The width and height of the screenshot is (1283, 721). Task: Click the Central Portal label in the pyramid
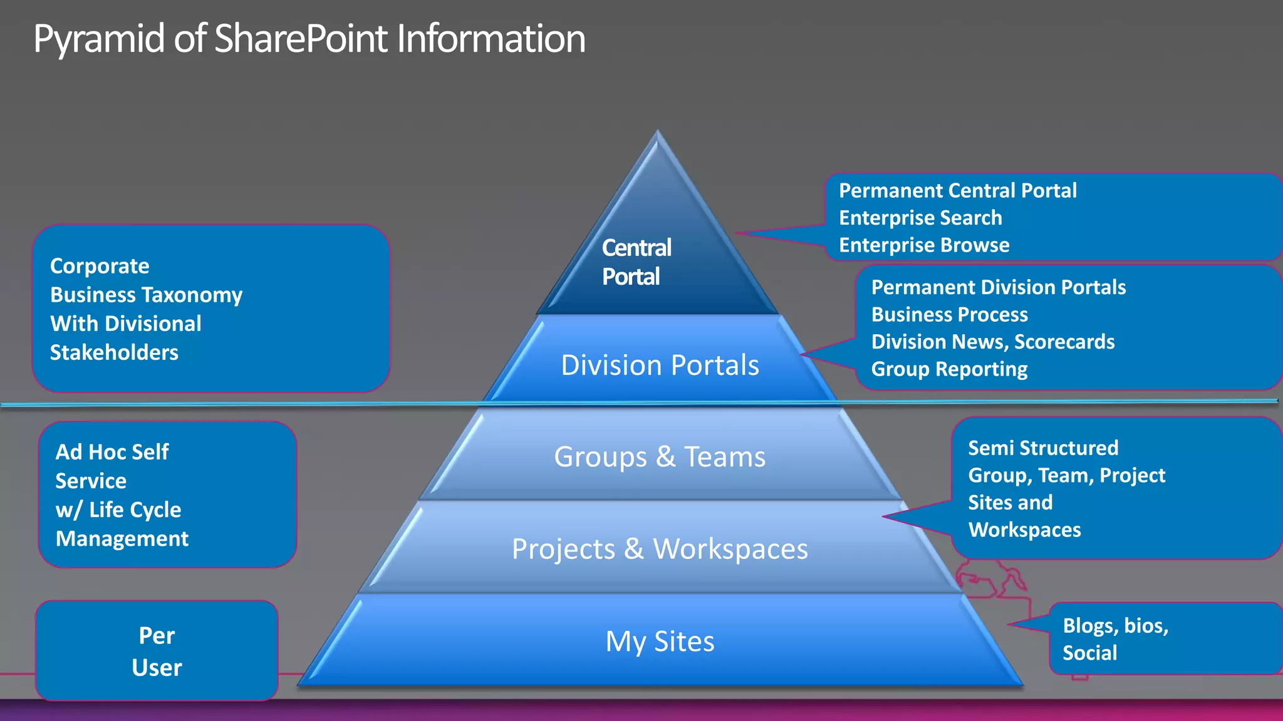coord(636,262)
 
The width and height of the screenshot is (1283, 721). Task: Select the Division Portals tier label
coord(660,365)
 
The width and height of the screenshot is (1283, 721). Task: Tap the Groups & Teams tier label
coord(660,457)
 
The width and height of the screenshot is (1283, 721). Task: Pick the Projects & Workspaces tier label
coord(660,549)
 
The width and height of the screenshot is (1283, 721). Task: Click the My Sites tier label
coord(660,642)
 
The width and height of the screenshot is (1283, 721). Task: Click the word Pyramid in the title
coord(100,39)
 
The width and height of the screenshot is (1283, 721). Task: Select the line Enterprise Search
coord(920,218)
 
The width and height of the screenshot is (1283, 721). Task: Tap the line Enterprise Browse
coord(924,245)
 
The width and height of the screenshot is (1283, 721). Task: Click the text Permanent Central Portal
coord(957,190)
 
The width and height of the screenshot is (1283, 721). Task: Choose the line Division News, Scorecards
coord(992,342)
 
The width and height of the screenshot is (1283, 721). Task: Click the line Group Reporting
coord(949,369)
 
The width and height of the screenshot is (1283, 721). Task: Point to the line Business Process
coord(949,314)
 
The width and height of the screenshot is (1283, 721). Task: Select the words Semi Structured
coord(1043,448)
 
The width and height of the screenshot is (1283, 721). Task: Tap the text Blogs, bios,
coord(1115,625)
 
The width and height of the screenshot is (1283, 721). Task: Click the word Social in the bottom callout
coord(1089,653)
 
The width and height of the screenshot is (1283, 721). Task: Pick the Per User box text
coord(157,651)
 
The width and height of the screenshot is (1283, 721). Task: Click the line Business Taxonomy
coord(146,295)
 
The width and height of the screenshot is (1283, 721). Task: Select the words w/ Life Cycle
coord(118,510)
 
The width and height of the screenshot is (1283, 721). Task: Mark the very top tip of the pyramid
coord(657,131)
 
